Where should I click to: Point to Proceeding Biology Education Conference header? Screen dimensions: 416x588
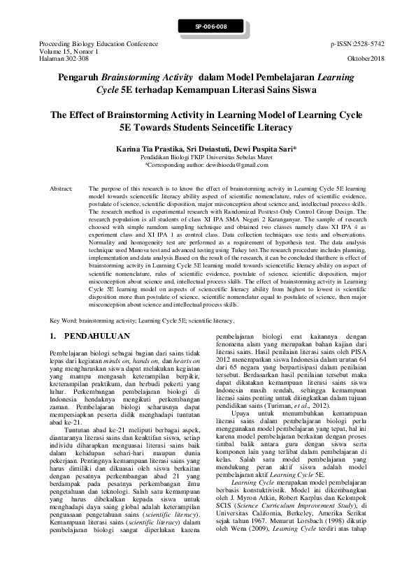pyautogui.click(x=83, y=43)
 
